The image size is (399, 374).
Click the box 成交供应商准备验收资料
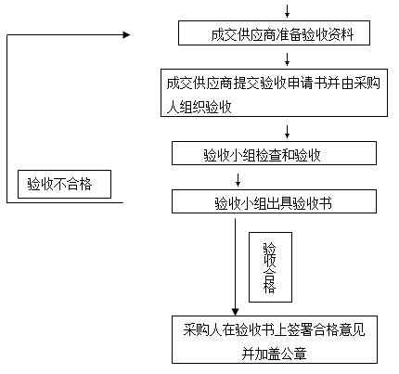point(274,33)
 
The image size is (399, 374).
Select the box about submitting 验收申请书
point(274,93)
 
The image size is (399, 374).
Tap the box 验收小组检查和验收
point(274,153)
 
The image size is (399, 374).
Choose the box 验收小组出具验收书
point(274,201)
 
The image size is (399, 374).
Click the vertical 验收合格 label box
point(270,267)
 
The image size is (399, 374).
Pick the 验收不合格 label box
point(64,184)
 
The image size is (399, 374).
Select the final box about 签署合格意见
point(275,340)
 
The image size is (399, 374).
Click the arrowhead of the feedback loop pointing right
point(126,35)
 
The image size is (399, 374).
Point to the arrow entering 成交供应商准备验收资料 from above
point(287,11)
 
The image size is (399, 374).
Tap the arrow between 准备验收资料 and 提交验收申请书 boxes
point(287,59)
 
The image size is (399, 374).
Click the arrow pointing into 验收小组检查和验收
point(287,132)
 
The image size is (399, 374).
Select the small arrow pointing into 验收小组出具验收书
point(238,180)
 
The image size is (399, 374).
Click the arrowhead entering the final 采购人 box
point(235,312)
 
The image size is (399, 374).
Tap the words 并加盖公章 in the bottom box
point(274,354)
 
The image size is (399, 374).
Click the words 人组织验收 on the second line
point(199,107)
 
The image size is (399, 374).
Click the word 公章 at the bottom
point(294,354)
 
